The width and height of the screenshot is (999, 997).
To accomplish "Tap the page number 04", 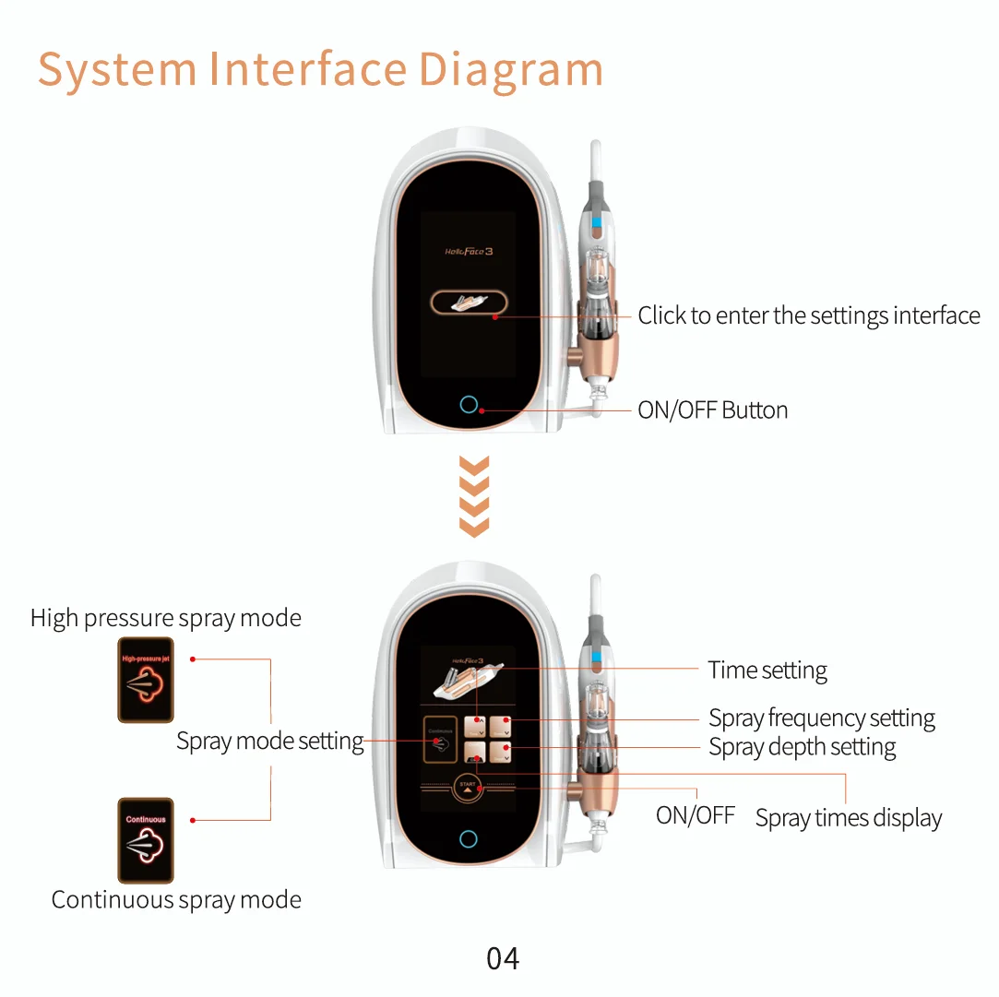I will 503,959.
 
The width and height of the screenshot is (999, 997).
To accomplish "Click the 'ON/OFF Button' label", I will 713,410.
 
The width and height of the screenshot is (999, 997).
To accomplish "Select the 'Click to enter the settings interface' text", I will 809,315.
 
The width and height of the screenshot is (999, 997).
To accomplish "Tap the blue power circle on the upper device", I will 469,405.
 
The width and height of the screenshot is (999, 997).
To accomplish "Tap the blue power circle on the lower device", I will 469,839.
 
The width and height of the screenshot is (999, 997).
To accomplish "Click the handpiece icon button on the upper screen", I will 469,303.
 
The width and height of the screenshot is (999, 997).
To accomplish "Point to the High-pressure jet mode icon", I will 146,680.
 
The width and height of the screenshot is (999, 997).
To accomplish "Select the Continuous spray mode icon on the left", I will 146,840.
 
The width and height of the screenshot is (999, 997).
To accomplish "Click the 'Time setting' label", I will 767,671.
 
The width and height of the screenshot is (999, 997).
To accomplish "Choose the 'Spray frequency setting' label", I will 822,718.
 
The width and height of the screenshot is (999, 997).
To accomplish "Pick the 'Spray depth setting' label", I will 803,747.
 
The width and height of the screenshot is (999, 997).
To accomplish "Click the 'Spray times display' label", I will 849,818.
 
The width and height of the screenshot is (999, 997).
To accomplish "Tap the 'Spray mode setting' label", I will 270,741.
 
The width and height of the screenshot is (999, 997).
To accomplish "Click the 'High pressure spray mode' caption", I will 166,618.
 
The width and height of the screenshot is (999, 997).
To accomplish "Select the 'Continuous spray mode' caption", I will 176,900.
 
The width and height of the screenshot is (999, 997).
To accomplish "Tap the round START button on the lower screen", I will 468,787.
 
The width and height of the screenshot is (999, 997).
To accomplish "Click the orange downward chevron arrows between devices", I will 473,496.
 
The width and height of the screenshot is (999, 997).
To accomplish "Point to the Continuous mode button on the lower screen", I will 440,739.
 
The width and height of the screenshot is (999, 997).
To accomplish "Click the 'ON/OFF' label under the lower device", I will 696,815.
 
